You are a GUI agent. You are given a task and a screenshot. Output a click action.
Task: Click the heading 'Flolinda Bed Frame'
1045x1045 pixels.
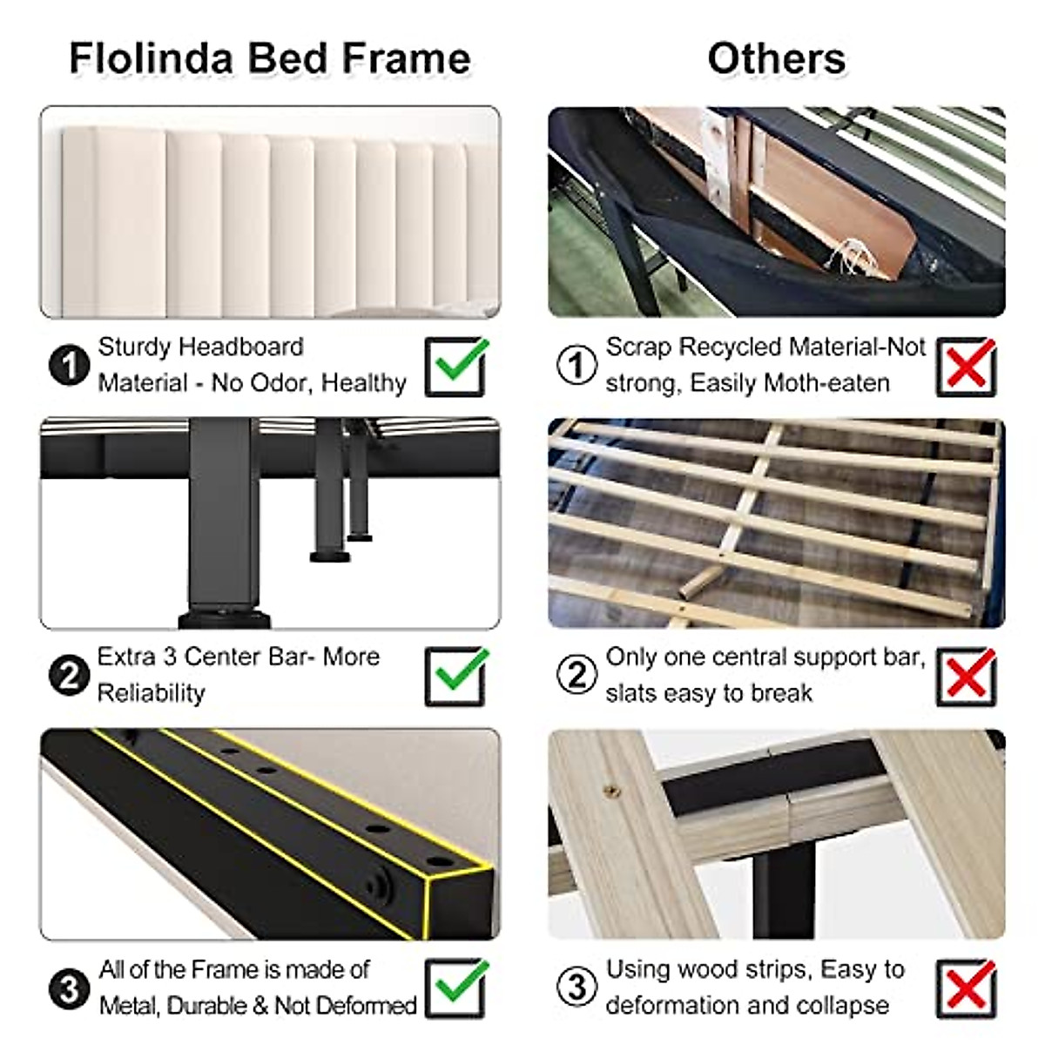[269, 59]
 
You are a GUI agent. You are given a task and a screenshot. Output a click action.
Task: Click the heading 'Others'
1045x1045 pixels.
[776, 59]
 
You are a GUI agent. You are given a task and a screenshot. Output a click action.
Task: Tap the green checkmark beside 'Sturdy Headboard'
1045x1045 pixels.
[456, 366]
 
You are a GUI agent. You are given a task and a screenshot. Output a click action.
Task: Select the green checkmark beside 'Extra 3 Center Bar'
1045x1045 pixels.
[456, 676]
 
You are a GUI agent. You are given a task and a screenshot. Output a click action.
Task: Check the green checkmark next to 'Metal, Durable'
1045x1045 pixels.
[456, 988]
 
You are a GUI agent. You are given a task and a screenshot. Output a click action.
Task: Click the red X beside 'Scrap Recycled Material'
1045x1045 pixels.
[966, 367]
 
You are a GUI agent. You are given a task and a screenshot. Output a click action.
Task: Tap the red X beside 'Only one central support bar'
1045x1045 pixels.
[966, 677]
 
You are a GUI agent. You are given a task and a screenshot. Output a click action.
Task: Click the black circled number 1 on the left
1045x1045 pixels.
[69, 366]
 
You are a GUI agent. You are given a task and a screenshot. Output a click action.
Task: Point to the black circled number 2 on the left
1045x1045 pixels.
[69, 676]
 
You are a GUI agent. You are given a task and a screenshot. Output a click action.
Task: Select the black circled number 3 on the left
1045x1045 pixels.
[69, 988]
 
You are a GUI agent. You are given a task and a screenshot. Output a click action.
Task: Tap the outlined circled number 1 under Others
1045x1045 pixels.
[576, 366]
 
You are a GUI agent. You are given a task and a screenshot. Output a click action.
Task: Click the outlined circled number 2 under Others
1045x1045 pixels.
[576, 676]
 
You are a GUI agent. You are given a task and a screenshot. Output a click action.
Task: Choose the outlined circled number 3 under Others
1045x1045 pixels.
[576, 988]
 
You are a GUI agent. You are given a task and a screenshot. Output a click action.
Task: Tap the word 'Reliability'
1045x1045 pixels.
[151, 693]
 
